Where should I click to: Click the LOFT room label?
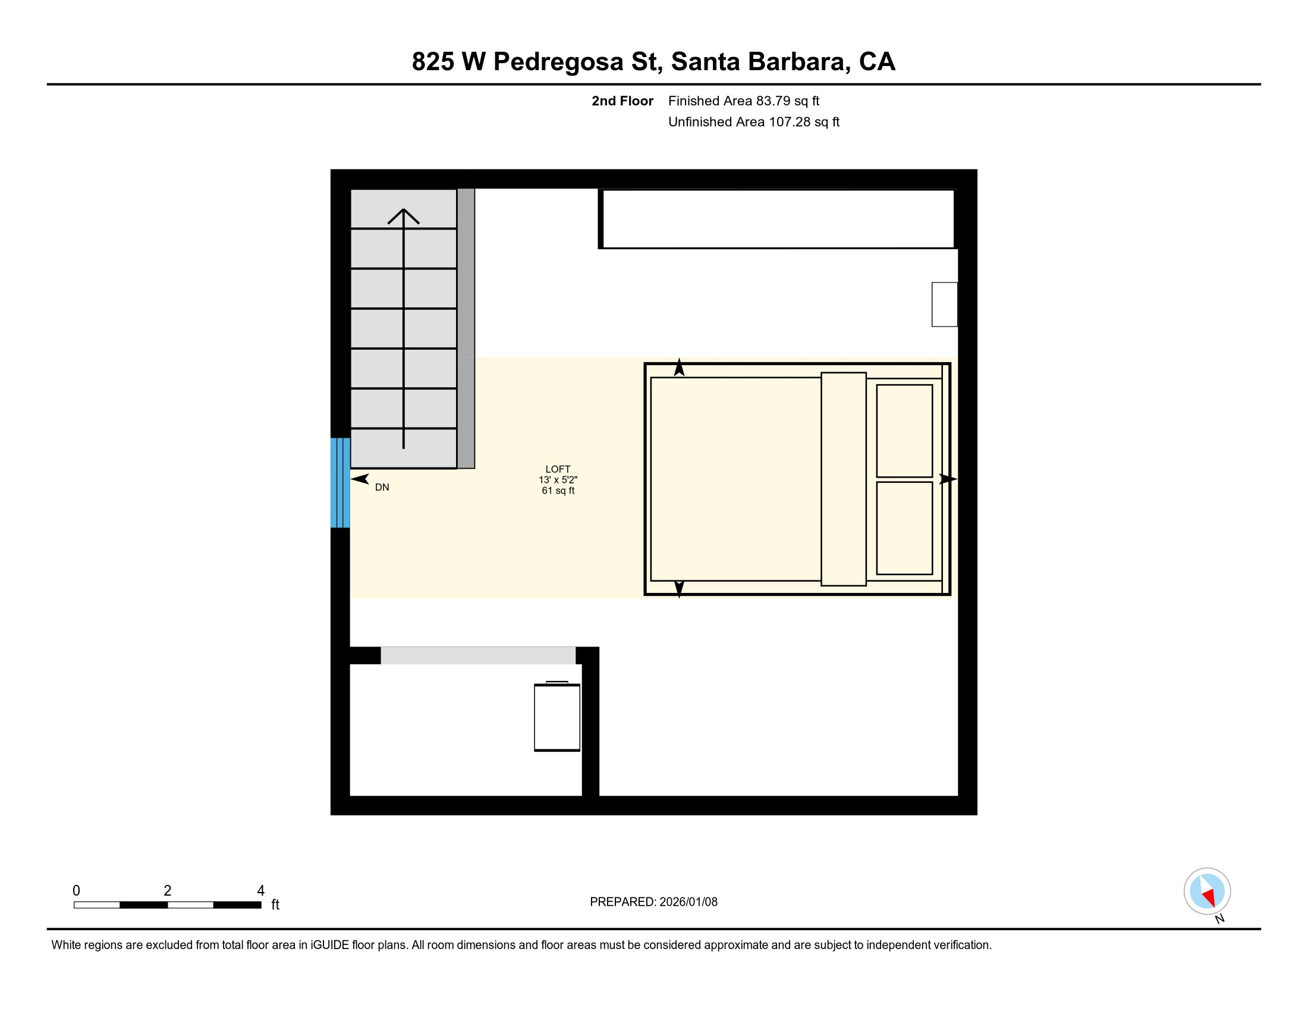(x=558, y=469)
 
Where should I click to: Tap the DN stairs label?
(x=382, y=488)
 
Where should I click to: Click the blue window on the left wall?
(x=340, y=483)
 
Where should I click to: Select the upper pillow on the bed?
(x=904, y=431)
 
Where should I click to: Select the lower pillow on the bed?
(x=904, y=528)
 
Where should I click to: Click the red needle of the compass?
(x=1209, y=897)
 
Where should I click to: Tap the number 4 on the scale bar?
(x=260, y=891)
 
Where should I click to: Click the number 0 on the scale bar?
(x=76, y=891)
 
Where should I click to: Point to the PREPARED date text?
(x=653, y=902)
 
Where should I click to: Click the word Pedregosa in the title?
(x=558, y=62)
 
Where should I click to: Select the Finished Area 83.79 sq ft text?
(x=743, y=101)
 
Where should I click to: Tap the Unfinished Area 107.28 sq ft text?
(x=753, y=122)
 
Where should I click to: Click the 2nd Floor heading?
(x=622, y=101)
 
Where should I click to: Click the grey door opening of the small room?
(x=478, y=655)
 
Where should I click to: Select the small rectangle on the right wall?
(x=945, y=305)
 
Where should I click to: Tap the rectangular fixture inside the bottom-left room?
(x=557, y=717)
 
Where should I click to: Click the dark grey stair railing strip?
(x=466, y=328)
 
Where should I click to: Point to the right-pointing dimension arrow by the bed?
(x=948, y=479)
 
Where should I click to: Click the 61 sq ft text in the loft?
(x=558, y=491)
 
